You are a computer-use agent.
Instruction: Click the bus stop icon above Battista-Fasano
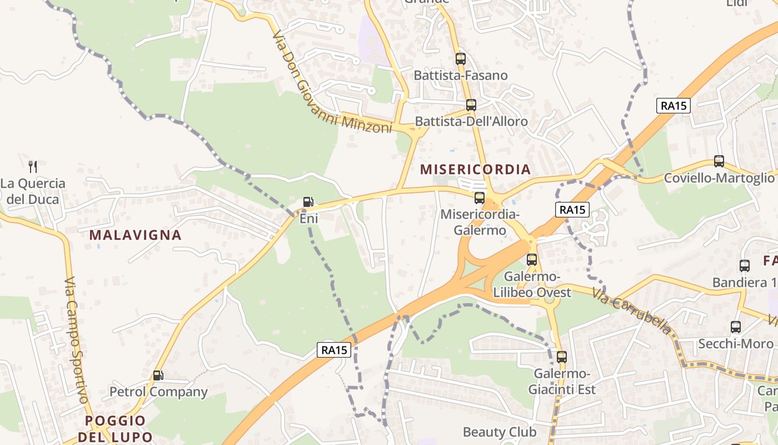click(x=460, y=58)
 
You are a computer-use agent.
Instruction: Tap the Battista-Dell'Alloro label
click(x=471, y=121)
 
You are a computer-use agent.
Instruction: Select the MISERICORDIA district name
click(x=475, y=169)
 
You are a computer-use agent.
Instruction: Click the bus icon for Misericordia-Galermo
click(x=480, y=197)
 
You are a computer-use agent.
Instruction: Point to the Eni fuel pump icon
click(x=308, y=202)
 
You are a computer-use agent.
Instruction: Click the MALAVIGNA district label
click(x=135, y=235)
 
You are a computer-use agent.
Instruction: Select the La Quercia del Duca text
click(x=33, y=191)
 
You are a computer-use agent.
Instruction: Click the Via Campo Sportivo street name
click(x=76, y=340)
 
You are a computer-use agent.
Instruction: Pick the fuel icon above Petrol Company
click(x=158, y=375)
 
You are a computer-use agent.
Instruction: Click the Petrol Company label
click(x=158, y=392)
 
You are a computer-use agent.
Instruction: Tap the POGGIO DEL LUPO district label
click(x=115, y=428)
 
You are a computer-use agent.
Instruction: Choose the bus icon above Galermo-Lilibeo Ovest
click(x=532, y=259)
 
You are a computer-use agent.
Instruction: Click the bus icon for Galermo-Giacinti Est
click(x=562, y=357)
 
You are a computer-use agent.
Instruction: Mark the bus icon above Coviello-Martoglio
click(x=719, y=161)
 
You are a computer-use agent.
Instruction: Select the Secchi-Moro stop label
click(x=735, y=344)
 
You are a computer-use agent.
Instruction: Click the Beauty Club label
click(x=500, y=432)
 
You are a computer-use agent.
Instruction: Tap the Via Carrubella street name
click(x=631, y=310)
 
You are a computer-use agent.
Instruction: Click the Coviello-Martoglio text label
click(x=719, y=177)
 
